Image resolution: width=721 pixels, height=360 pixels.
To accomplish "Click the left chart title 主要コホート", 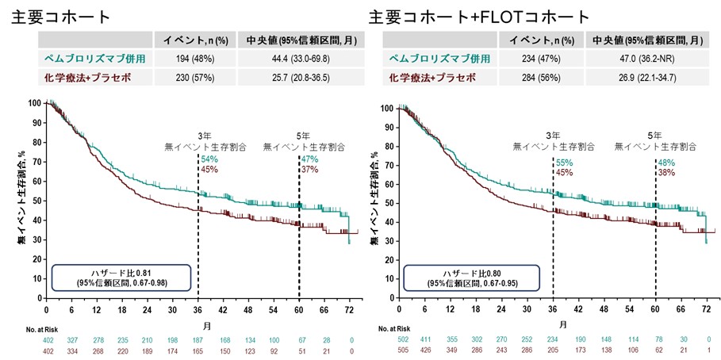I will coord(62,17).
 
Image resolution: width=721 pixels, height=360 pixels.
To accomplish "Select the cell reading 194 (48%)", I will coord(193,59).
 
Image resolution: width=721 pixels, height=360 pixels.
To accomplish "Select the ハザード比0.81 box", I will coord(121,277).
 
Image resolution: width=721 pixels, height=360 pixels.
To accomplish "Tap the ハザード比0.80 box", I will coord(472,277).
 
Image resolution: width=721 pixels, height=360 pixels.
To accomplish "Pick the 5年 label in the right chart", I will coord(655,136).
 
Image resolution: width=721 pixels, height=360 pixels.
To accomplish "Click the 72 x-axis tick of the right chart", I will coord(705,308).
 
